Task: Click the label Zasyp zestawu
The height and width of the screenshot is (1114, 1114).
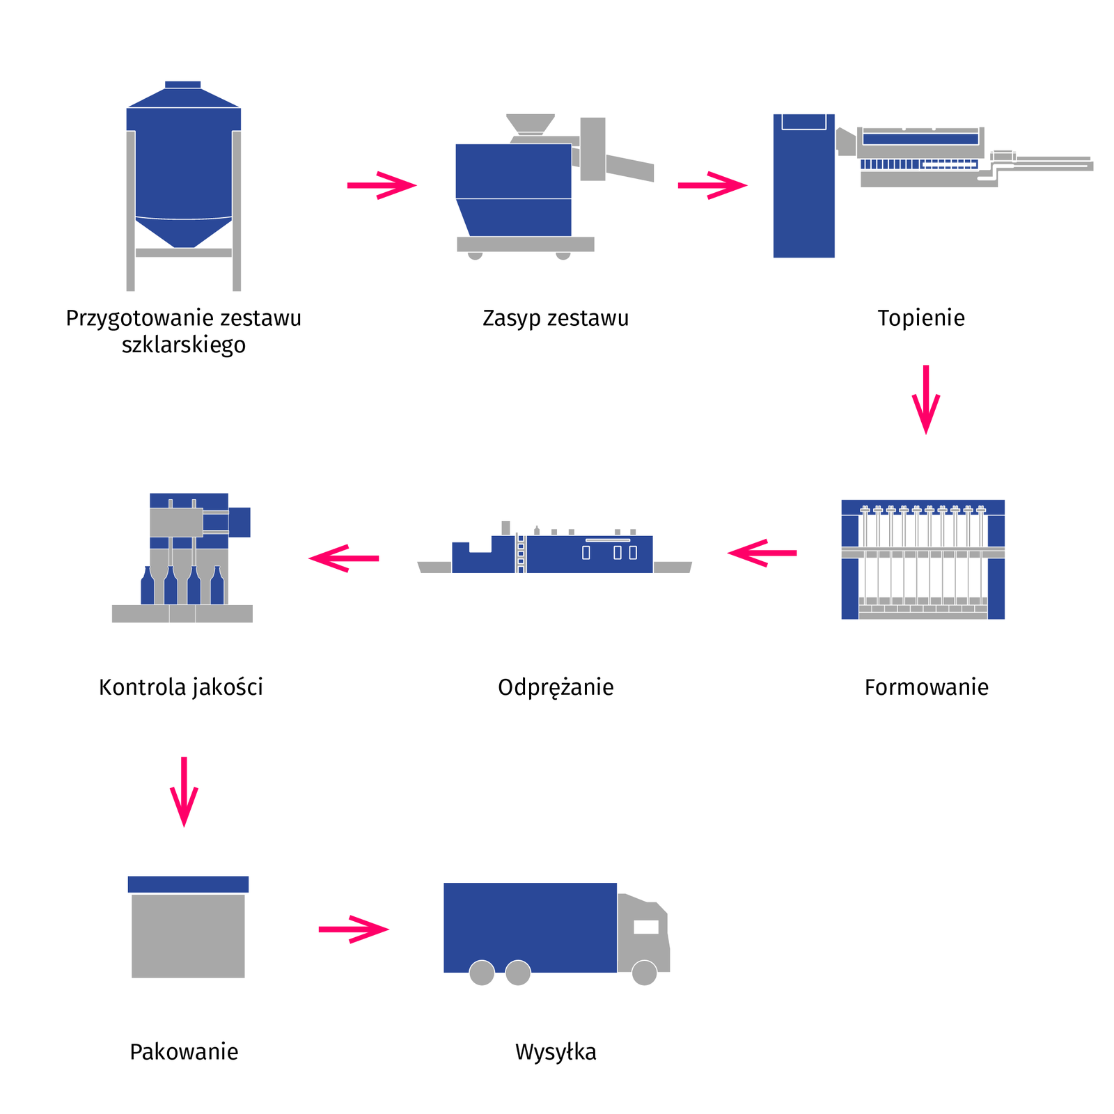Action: pos(555,318)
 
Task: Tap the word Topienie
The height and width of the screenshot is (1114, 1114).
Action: pos(920,318)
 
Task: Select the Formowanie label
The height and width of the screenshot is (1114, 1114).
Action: pos(926,687)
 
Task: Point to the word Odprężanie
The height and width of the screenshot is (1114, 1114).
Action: pos(556,687)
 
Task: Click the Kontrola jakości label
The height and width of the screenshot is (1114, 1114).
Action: pos(181,687)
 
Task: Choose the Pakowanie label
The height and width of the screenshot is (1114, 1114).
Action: pos(184,1051)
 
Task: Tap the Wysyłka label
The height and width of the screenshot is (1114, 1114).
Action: pos(556,1051)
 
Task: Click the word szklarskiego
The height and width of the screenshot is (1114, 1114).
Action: pos(184,345)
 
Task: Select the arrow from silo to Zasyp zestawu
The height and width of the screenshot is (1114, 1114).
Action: pos(382,185)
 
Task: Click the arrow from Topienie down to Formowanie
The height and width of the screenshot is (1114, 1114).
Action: pos(926,399)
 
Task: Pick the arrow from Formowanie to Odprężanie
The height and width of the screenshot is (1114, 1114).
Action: pos(762,553)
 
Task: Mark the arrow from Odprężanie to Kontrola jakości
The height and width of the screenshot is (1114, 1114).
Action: pos(344,558)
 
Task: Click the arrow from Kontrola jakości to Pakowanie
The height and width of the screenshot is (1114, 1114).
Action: pos(184,792)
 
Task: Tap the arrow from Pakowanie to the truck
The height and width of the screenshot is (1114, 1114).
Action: pos(354,929)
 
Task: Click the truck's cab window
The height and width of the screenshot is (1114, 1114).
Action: pos(645,927)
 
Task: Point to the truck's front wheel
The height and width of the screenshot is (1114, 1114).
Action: pos(644,973)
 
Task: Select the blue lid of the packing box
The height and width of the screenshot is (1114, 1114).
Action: pos(188,884)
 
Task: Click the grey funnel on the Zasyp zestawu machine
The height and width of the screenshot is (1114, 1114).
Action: pos(531,123)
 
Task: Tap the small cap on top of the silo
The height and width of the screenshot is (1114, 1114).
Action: pos(182,85)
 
